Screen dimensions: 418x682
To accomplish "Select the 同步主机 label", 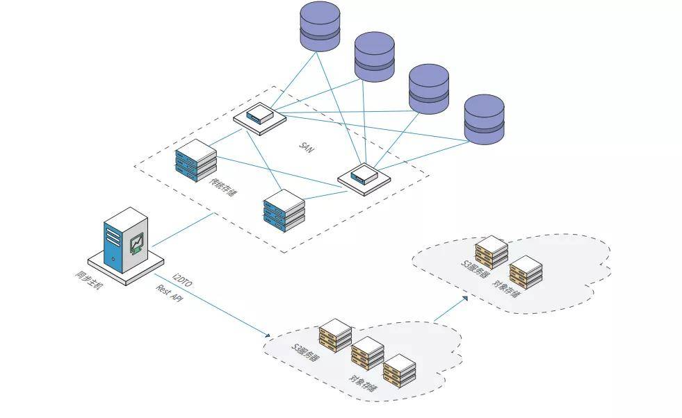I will (89, 279).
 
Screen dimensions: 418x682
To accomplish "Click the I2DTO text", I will (182, 278).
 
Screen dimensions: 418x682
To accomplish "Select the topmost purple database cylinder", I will (320, 26).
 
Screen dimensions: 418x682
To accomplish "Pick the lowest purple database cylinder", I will (484, 119).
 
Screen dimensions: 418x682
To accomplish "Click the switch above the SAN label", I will (259, 115).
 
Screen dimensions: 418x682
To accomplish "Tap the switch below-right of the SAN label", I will (364, 176).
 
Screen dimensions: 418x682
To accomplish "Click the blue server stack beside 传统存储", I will (196, 160).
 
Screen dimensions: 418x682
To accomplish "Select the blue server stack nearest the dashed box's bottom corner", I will (284, 211).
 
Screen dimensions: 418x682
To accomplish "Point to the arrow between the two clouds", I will (450, 309).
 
